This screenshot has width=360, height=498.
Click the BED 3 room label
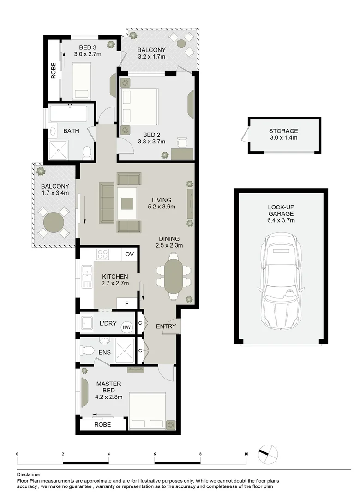(87, 47)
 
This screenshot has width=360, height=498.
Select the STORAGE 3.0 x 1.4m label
(283, 134)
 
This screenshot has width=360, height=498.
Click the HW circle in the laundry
(126, 327)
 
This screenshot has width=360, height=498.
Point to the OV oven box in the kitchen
(129, 254)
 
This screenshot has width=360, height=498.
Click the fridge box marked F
(126, 303)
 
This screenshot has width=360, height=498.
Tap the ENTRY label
(166, 326)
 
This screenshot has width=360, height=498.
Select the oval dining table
(174, 276)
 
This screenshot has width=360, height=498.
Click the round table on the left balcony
(54, 222)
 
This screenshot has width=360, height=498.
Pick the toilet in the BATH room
(86, 153)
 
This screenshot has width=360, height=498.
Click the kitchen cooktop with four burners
(103, 255)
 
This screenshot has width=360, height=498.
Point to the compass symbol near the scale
(268, 454)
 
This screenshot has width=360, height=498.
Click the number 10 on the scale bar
(246, 454)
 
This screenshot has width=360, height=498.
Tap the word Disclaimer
(29, 474)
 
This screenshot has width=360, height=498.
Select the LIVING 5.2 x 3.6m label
(162, 203)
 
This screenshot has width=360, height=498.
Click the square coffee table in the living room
(127, 203)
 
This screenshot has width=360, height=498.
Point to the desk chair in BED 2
(182, 142)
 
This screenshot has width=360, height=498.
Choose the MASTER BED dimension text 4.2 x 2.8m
(109, 397)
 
